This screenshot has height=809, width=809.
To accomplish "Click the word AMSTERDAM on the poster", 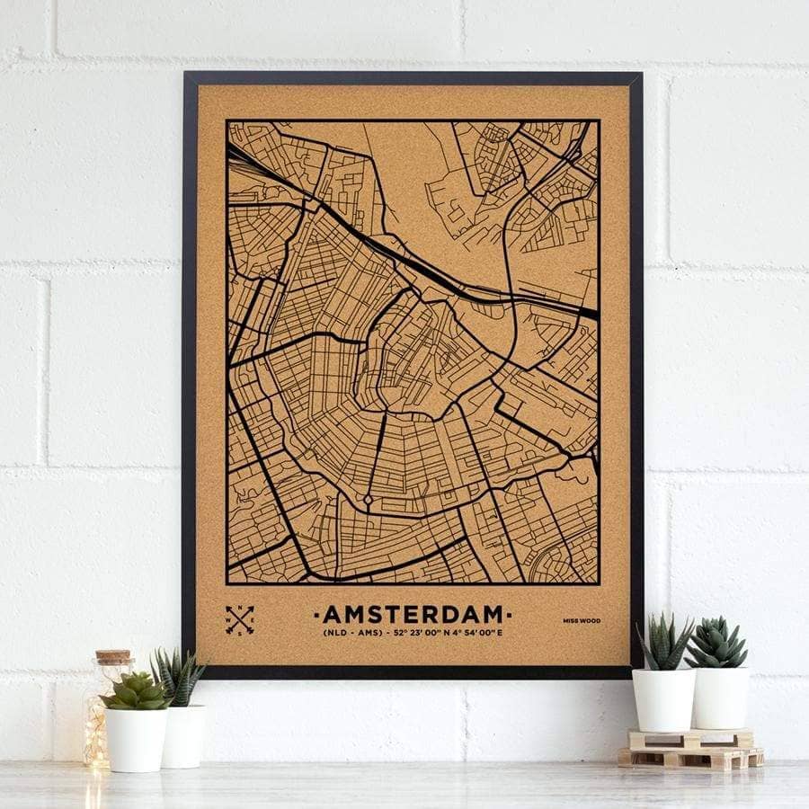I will click(x=413, y=614).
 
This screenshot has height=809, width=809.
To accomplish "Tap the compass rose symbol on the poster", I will click(x=239, y=619).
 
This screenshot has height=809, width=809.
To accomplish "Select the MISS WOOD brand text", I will click(x=582, y=620).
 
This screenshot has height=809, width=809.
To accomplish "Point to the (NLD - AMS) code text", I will click(x=351, y=634).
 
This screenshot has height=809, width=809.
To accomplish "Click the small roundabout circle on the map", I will click(x=368, y=498).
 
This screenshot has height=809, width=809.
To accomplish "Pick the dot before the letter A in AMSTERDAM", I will click(x=316, y=615).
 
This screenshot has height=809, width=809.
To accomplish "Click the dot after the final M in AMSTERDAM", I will click(x=510, y=615).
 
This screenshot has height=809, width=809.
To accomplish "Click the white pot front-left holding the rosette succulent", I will click(x=137, y=739).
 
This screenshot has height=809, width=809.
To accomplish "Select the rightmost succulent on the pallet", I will click(x=716, y=644).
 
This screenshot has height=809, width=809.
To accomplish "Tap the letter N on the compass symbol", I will click(x=240, y=609).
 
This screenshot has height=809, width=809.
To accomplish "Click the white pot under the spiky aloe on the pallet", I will click(x=663, y=699).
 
